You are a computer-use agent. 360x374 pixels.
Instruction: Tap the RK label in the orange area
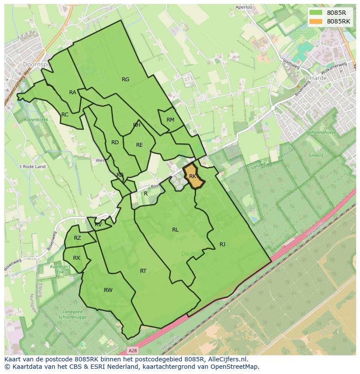tap(193, 176)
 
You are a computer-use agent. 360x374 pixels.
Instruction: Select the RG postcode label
tap(126, 79)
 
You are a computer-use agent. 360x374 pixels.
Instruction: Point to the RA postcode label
tap(73, 93)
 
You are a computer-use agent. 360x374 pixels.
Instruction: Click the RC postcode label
tap(65, 115)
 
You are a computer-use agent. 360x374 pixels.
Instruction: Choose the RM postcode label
tap(170, 120)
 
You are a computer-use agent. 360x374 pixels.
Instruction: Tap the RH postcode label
tap(137, 125)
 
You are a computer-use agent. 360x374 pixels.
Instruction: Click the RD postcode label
tap(115, 142)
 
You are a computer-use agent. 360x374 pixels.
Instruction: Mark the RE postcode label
tap(140, 145)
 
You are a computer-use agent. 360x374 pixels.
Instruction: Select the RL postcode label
tap(175, 230)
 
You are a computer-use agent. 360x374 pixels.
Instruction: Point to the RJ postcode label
tap(222, 245)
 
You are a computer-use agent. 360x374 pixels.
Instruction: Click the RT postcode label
tap(143, 271)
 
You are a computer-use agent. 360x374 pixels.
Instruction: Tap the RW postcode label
tap(108, 290)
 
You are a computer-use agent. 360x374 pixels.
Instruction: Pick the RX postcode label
tap(77, 258)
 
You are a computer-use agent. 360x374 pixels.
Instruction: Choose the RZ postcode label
tap(77, 238)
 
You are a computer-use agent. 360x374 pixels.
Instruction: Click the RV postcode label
tap(98, 225)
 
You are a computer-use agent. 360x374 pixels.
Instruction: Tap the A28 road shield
tap(133, 350)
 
